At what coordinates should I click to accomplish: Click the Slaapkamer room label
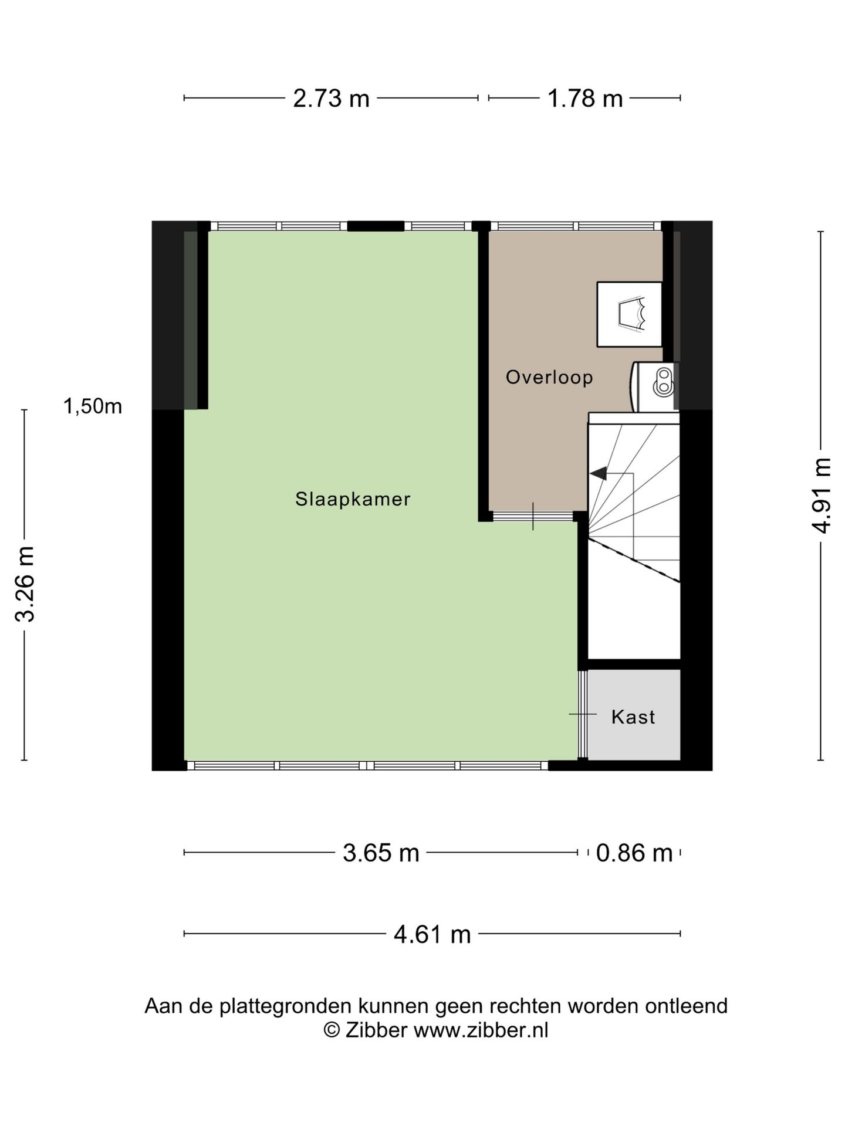pyautogui.click(x=353, y=499)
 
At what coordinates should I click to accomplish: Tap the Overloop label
pyautogui.click(x=549, y=377)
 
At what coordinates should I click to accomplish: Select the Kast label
pyautogui.click(x=633, y=717)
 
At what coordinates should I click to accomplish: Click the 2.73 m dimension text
pyautogui.click(x=331, y=99)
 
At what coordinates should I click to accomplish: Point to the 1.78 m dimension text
pyautogui.click(x=584, y=99)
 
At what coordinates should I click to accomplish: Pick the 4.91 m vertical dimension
pyautogui.click(x=822, y=496)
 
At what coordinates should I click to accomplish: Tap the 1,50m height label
pyautogui.click(x=93, y=406)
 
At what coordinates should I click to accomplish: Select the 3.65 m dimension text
pyautogui.click(x=381, y=853)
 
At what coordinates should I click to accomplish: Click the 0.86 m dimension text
pyautogui.click(x=634, y=853)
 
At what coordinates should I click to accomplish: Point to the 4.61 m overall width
pyautogui.click(x=432, y=934)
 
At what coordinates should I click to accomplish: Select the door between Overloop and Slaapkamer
pyautogui.click(x=532, y=517)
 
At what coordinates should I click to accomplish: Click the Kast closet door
pyautogui.click(x=582, y=714)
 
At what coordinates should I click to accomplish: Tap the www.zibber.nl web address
pyautogui.click(x=481, y=1030)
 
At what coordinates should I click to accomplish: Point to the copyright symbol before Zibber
pyautogui.click(x=332, y=1030)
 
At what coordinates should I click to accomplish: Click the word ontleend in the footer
pyautogui.click(x=687, y=1006)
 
